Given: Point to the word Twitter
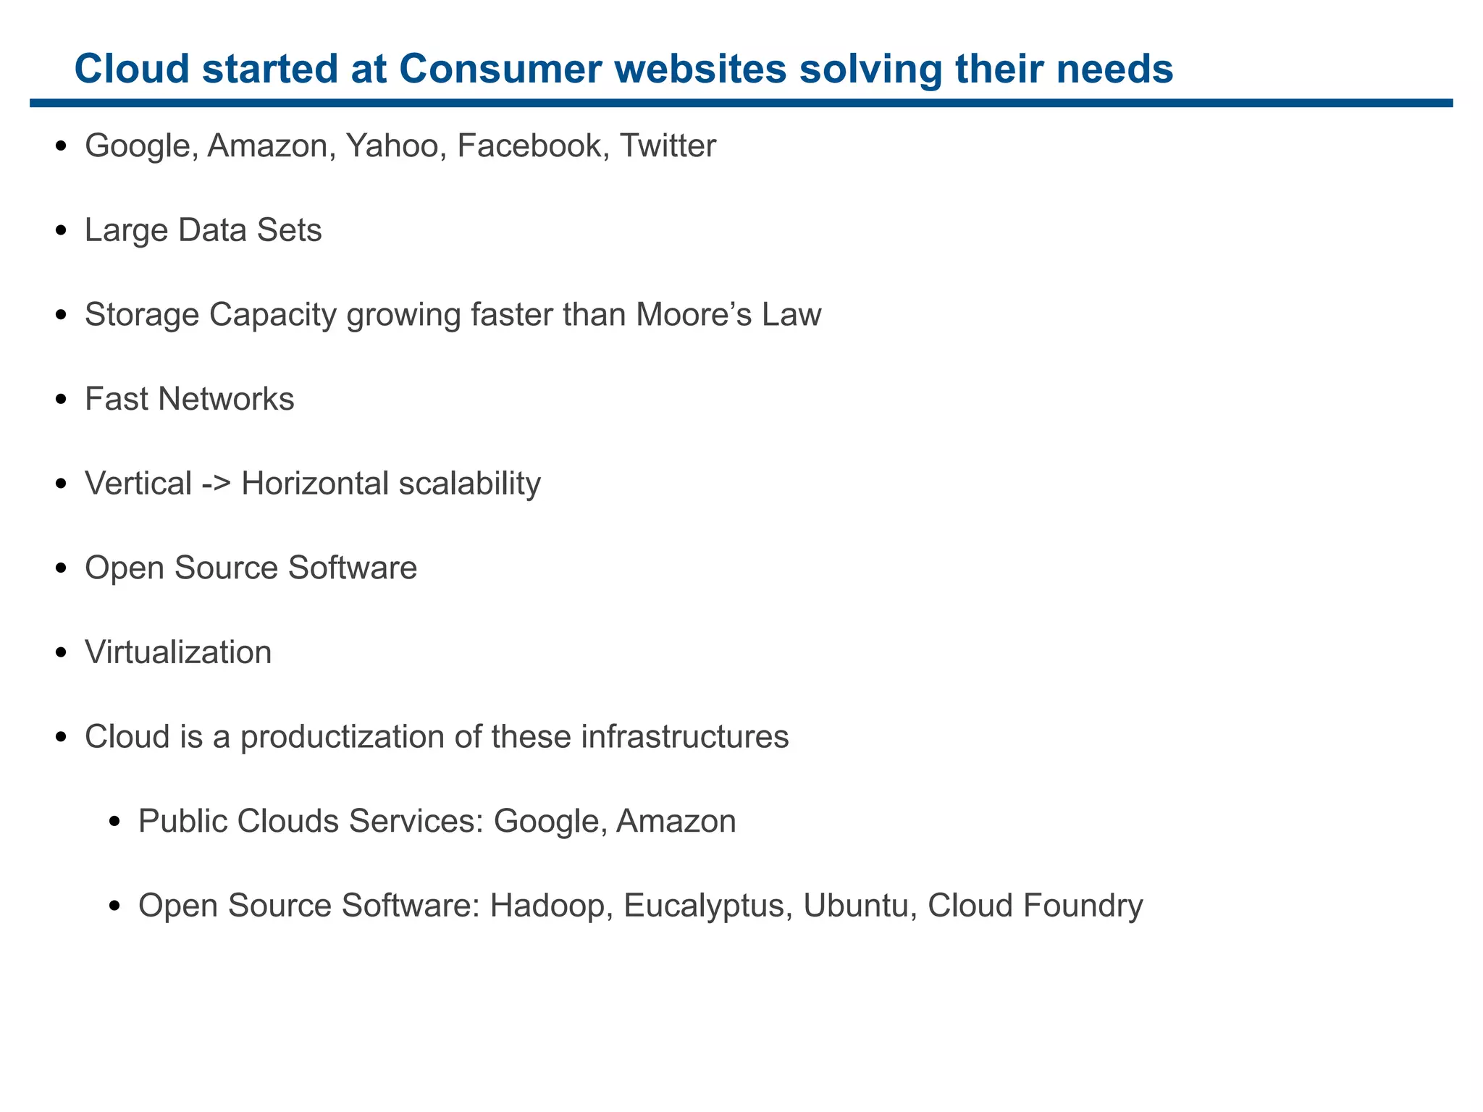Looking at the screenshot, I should point(668,146).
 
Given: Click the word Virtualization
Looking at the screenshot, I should point(178,653).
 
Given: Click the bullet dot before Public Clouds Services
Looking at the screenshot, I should point(114,822).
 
